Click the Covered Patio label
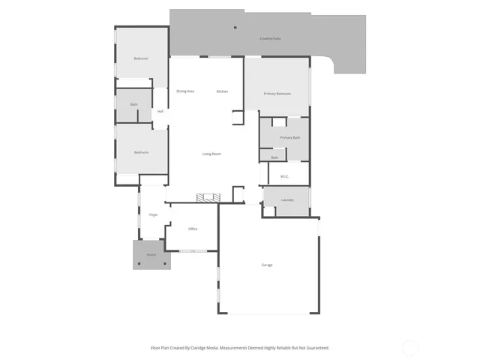point(270,37)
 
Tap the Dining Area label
point(185,91)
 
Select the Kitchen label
point(222,91)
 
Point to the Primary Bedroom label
point(277,94)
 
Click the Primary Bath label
point(290,138)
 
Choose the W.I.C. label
point(285,177)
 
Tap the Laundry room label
point(287,200)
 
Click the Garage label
point(266,265)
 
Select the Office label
point(193,229)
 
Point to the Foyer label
point(153,215)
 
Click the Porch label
point(151,255)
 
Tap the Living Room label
point(211,154)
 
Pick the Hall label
point(160,112)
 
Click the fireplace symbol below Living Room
point(208,198)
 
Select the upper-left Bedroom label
point(141,58)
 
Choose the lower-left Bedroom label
point(141,152)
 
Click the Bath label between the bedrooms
point(133,105)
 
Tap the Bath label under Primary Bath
point(274,157)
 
